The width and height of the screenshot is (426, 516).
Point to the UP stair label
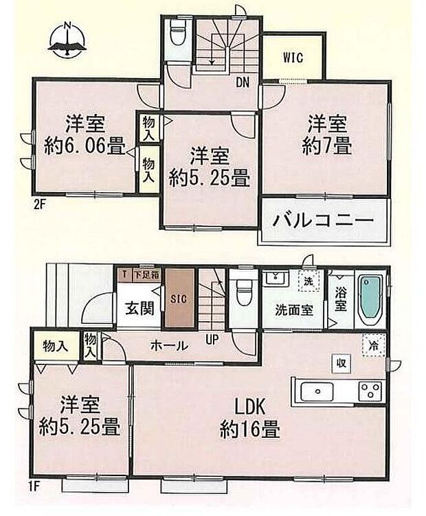[213, 339]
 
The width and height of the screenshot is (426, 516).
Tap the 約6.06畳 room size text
[85, 146]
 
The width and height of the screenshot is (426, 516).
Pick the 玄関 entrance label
[138, 307]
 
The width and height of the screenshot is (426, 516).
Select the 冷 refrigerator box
[373, 345]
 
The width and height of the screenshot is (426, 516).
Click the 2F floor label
[41, 204]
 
